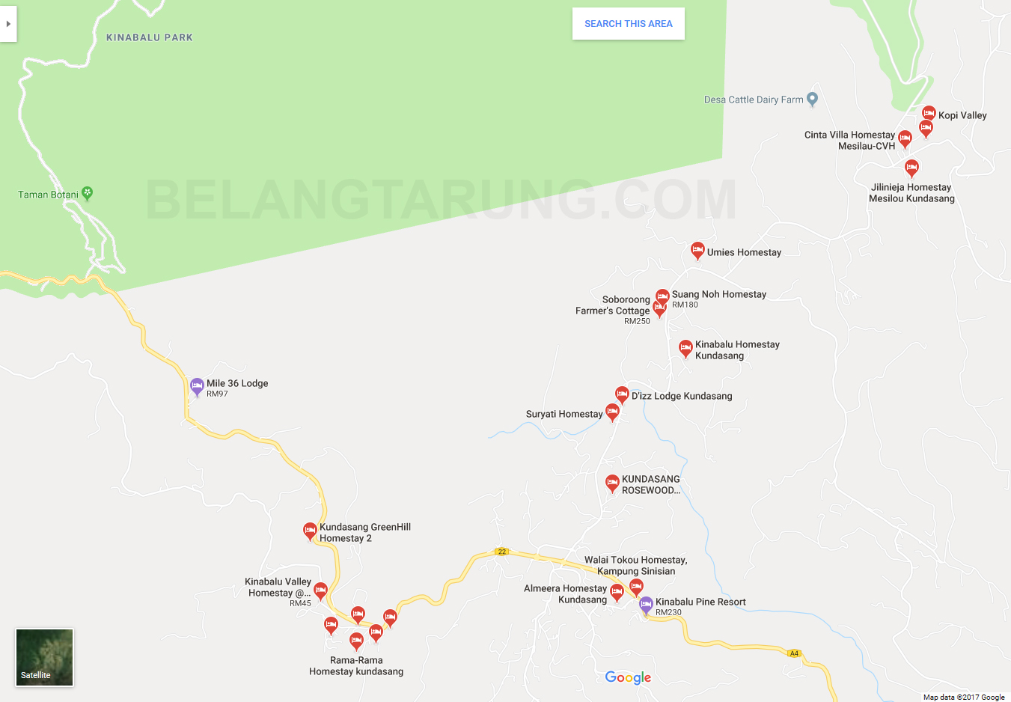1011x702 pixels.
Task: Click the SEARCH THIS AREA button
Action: [x=628, y=24]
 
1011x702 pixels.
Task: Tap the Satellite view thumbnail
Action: [x=45, y=657]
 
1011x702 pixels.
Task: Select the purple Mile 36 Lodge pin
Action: [x=197, y=386]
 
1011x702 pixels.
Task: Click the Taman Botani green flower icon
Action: [x=87, y=193]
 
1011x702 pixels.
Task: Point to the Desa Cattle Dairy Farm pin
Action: [x=812, y=99]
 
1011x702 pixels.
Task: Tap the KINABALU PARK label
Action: [x=150, y=37]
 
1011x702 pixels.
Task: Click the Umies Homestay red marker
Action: [x=697, y=250]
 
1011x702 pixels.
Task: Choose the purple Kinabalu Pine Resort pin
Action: [x=646, y=605]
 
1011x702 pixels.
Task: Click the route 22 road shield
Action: [x=501, y=552]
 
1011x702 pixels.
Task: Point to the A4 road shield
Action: [x=794, y=653]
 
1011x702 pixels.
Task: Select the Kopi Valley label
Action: [x=962, y=115]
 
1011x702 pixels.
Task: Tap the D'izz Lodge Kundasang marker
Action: [x=622, y=394]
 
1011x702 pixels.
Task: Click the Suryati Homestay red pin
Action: [x=612, y=412]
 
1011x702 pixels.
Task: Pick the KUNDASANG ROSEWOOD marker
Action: [x=612, y=483]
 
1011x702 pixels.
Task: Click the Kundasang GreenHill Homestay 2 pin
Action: [x=310, y=531]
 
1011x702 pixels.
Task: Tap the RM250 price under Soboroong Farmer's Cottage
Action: [x=637, y=321]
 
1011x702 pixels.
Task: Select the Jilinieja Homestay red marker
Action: [x=911, y=168]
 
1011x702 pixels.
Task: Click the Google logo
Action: [x=628, y=677]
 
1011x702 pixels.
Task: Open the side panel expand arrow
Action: [x=7, y=24]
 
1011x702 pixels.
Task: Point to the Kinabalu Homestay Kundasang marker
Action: [x=685, y=347]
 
